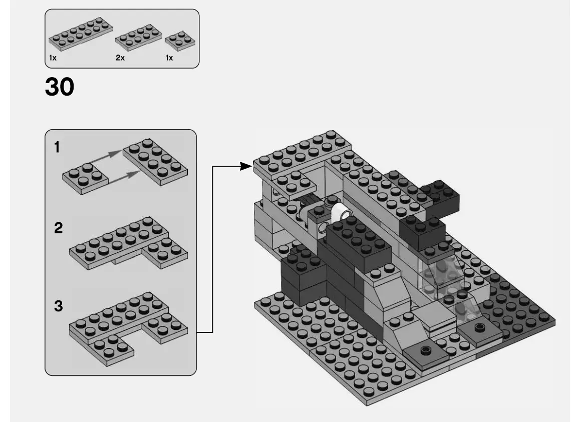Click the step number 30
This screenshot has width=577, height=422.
coord(60,87)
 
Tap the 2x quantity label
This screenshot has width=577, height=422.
coord(120,58)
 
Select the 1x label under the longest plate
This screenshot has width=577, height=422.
coord(53,58)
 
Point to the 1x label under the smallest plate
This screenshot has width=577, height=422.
coord(169,58)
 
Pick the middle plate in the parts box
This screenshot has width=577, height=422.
coord(138,37)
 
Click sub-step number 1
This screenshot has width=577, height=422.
coord(57,147)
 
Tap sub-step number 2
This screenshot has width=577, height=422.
coord(58,228)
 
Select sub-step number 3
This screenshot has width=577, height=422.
coord(58,306)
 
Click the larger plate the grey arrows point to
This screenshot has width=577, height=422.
coord(155,161)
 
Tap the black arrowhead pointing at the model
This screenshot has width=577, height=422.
coord(245,166)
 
